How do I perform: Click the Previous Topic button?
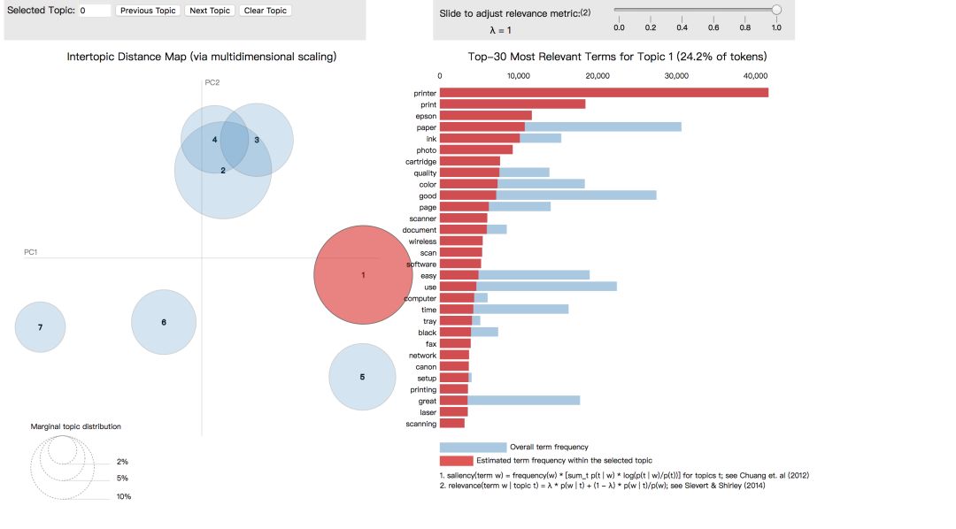pos(148,11)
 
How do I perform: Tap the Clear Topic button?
pos(264,11)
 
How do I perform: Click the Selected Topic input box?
pos(94,11)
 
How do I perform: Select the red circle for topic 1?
pos(363,274)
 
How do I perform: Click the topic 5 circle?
pos(362,377)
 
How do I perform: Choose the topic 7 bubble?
pos(40,327)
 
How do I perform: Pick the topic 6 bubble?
pos(164,322)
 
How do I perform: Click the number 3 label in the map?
pos(257,140)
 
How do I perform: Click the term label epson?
pos(426,115)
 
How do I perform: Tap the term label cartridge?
pos(420,161)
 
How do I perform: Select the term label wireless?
pos(422,241)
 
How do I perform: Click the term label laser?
pos(427,412)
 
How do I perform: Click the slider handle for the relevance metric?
pos(776,10)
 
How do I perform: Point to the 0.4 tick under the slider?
pos(682,27)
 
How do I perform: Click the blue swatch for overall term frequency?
pos(473,447)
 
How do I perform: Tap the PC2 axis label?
pos(212,82)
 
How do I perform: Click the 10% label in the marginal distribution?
pos(124,497)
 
